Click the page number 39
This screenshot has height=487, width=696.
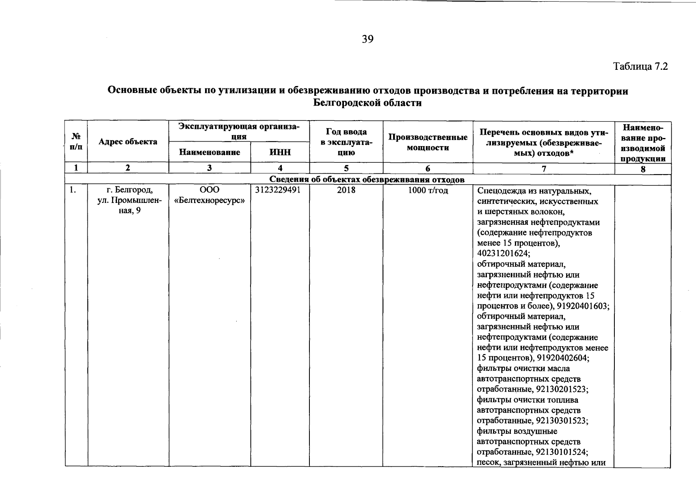click(367, 39)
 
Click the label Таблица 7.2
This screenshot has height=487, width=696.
click(640, 67)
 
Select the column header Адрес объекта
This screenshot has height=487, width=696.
click(128, 142)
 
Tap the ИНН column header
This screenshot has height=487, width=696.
click(280, 152)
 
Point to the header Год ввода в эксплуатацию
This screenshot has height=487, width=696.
click(346, 142)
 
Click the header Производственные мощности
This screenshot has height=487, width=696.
click(428, 142)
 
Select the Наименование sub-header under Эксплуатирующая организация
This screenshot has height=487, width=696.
click(210, 152)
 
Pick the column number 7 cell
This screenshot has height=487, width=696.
click(544, 168)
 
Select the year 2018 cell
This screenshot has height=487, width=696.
click(346, 190)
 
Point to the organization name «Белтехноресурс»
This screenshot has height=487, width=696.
click(210, 200)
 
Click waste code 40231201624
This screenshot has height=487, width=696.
click(504, 254)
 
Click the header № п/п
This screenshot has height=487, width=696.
click(76, 142)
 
